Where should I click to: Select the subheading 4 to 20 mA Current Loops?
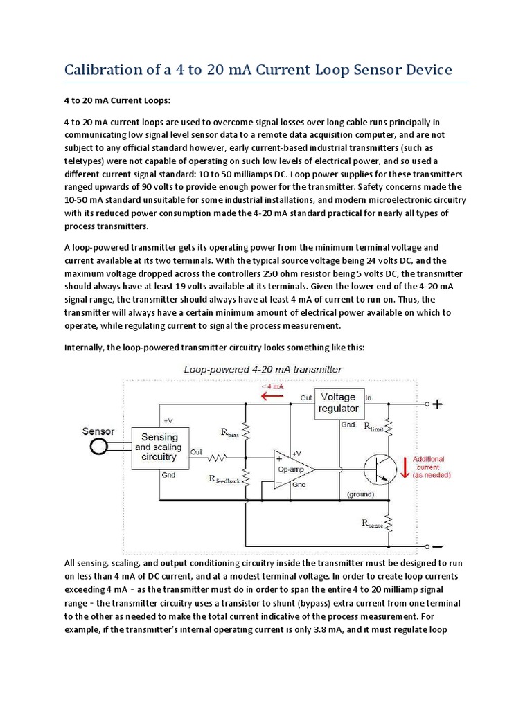[117, 100]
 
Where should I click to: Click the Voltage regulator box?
[337, 402]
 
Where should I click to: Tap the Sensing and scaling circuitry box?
[159, 447]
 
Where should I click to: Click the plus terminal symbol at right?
[438, 404]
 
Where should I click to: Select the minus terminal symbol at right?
[438, 545]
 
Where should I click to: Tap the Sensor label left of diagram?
[98, 431]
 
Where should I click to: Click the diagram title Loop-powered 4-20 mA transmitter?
[263, 370]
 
